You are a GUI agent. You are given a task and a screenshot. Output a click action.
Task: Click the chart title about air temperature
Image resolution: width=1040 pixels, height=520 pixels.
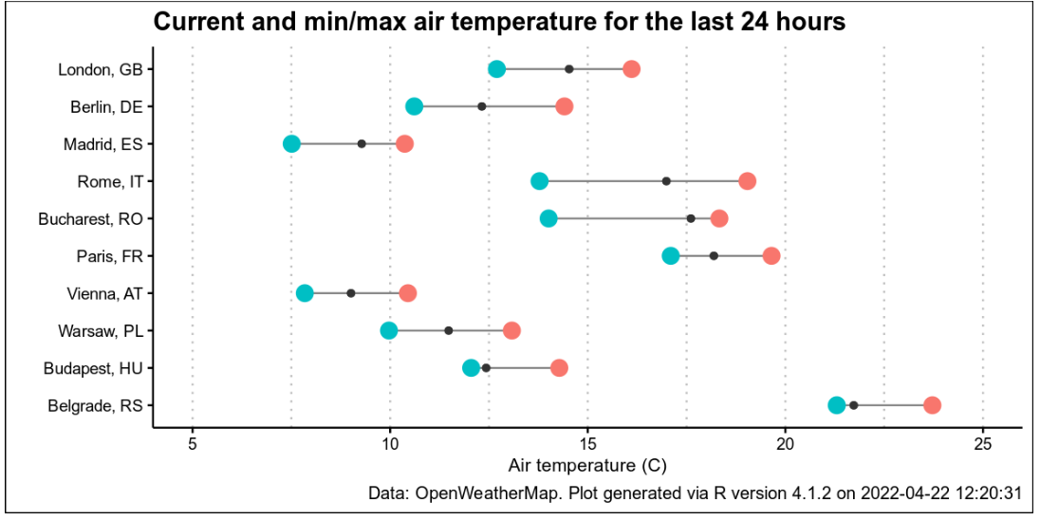499,22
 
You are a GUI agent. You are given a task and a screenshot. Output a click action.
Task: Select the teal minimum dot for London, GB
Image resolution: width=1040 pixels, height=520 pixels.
496,69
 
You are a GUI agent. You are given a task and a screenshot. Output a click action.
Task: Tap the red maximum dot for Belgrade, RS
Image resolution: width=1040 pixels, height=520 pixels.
932,405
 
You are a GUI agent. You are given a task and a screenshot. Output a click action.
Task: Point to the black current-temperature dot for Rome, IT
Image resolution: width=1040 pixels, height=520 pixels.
666,181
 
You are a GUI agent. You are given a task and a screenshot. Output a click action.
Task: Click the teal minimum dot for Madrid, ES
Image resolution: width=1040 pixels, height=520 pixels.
291,143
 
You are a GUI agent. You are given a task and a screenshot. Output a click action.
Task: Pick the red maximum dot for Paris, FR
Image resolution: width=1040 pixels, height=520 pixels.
771,256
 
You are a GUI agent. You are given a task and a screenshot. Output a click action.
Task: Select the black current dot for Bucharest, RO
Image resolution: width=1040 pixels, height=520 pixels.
691,218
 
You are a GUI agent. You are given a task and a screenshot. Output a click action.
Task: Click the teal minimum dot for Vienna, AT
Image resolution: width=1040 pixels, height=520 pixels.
305,293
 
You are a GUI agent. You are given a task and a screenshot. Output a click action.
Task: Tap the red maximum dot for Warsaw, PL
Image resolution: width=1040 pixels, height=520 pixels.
511,330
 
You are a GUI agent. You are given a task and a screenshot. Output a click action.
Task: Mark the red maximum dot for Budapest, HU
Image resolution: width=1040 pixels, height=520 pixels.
559,368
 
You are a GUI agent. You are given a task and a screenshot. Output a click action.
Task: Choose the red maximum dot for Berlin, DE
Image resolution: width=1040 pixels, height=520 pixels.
564,106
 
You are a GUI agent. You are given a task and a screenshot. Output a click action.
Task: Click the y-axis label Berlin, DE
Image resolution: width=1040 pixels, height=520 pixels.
106,107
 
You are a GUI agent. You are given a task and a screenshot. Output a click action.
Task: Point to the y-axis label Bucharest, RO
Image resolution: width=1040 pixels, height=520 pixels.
90,219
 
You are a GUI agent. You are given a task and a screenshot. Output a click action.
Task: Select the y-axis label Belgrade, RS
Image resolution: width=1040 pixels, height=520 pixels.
95,406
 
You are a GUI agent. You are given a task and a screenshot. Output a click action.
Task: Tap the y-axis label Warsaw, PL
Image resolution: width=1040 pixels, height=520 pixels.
100,331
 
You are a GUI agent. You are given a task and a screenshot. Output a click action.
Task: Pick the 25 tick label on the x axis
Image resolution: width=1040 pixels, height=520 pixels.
983,444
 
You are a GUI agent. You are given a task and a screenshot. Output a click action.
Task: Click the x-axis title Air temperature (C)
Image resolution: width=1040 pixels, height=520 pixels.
587,466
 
